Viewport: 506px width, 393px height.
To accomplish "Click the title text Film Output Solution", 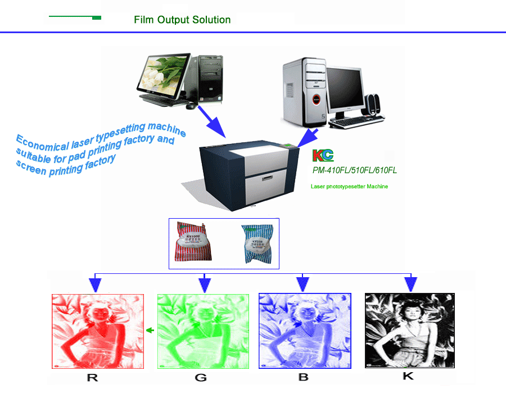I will point(182,20).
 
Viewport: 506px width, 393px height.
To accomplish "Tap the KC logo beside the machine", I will point(323,156).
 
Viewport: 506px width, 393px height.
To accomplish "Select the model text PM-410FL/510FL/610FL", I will point(354,170).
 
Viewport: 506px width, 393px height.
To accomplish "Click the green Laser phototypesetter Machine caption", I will point(349,186).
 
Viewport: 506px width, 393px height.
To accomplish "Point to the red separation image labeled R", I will point(97,331).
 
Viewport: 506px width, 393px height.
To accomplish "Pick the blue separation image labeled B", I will point(305,331).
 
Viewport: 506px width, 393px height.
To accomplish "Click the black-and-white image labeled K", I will point(409,331).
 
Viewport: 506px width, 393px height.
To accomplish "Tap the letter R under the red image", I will point(93,378).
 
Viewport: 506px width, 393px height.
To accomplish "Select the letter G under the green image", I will point(201,378).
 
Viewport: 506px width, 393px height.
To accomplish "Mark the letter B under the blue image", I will point(304,378).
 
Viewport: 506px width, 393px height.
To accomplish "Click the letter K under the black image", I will point(409,377).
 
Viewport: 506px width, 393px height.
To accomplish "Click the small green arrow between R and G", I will point(150,331).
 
